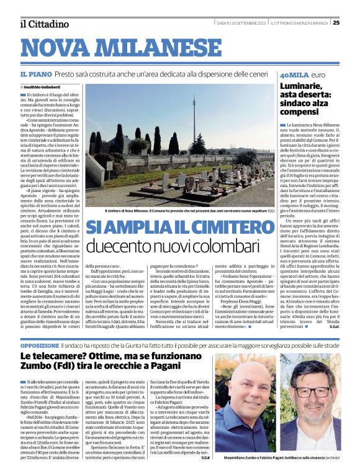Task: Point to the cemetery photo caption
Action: (180, 211)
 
